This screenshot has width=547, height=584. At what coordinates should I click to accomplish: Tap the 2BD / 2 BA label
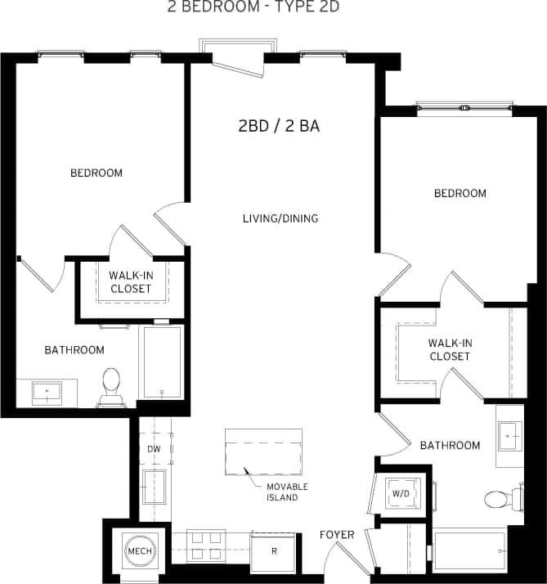pos(278,126)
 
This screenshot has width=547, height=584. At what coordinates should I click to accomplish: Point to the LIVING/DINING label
pos(280,218)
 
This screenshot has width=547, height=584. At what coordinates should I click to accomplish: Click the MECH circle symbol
pos(137,550)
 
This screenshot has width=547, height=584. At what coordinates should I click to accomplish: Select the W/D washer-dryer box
pos(400,493)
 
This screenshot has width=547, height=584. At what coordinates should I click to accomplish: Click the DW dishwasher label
pos(154,449)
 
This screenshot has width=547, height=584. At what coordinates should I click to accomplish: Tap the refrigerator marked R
pos(274,551)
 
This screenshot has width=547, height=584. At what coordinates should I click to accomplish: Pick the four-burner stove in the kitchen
pos(206,546)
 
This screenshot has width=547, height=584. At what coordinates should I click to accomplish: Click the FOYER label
pos(336,535)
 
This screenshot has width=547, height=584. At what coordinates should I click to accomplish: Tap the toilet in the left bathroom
pos(111,386)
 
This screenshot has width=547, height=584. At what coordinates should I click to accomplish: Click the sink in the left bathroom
pos(47,393)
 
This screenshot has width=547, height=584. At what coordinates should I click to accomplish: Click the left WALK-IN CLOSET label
pos(130,282)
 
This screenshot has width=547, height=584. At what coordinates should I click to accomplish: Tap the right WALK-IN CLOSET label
pos(450,350)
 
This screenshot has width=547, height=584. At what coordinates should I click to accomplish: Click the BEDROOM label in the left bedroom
pos(96,173)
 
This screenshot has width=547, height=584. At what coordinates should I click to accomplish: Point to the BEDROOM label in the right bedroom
pos(460,193)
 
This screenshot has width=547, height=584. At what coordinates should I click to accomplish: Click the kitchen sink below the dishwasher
pos(154,487)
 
